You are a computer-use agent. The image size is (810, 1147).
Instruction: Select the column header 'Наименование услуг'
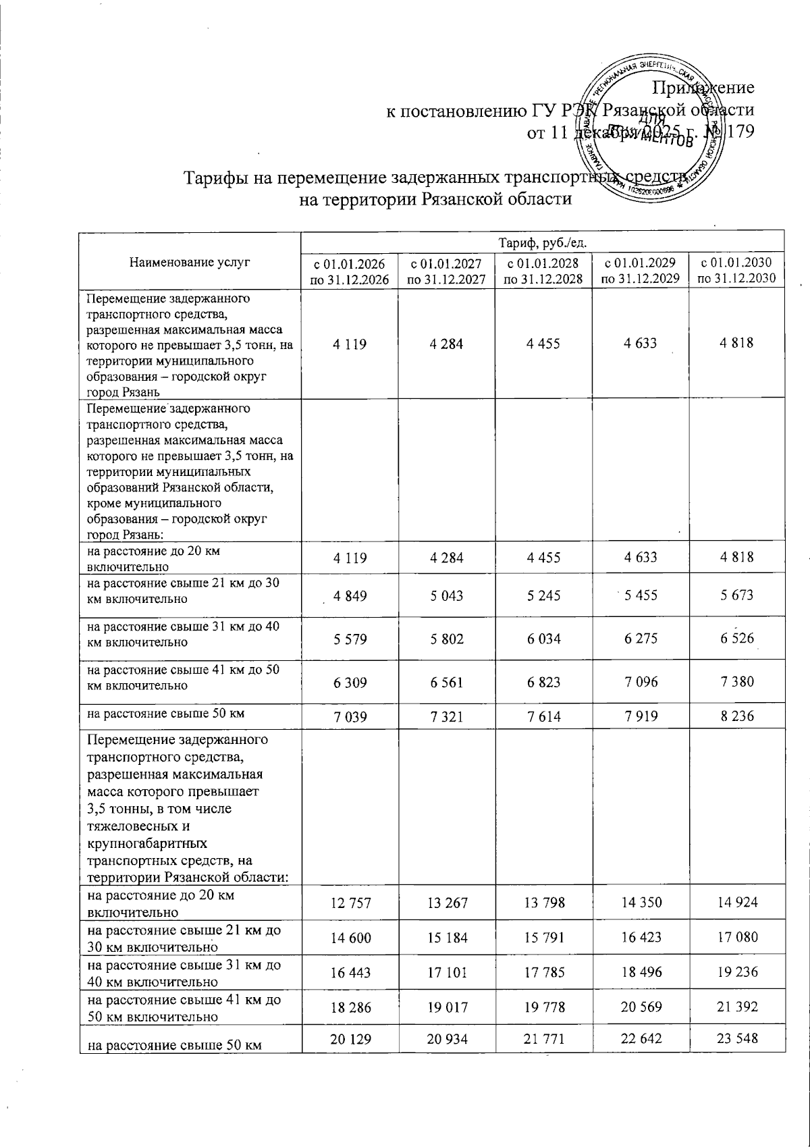190,263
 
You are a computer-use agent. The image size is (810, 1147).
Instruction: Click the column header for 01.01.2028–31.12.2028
543,270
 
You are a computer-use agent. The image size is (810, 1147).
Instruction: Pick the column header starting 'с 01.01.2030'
736,270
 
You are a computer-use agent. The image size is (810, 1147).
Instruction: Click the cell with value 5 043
446,595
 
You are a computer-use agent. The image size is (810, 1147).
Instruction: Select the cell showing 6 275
640,638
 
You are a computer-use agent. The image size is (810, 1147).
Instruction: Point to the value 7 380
736,681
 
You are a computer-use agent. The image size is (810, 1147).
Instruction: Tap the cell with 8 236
736,716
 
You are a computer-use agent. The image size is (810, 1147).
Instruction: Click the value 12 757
350,903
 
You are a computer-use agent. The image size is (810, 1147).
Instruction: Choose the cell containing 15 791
543,937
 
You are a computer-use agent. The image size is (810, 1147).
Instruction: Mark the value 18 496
640,972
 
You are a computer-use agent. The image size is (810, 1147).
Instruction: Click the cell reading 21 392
736,1007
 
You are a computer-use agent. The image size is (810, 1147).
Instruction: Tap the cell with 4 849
350,595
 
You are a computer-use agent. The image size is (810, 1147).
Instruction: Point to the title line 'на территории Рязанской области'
435,199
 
